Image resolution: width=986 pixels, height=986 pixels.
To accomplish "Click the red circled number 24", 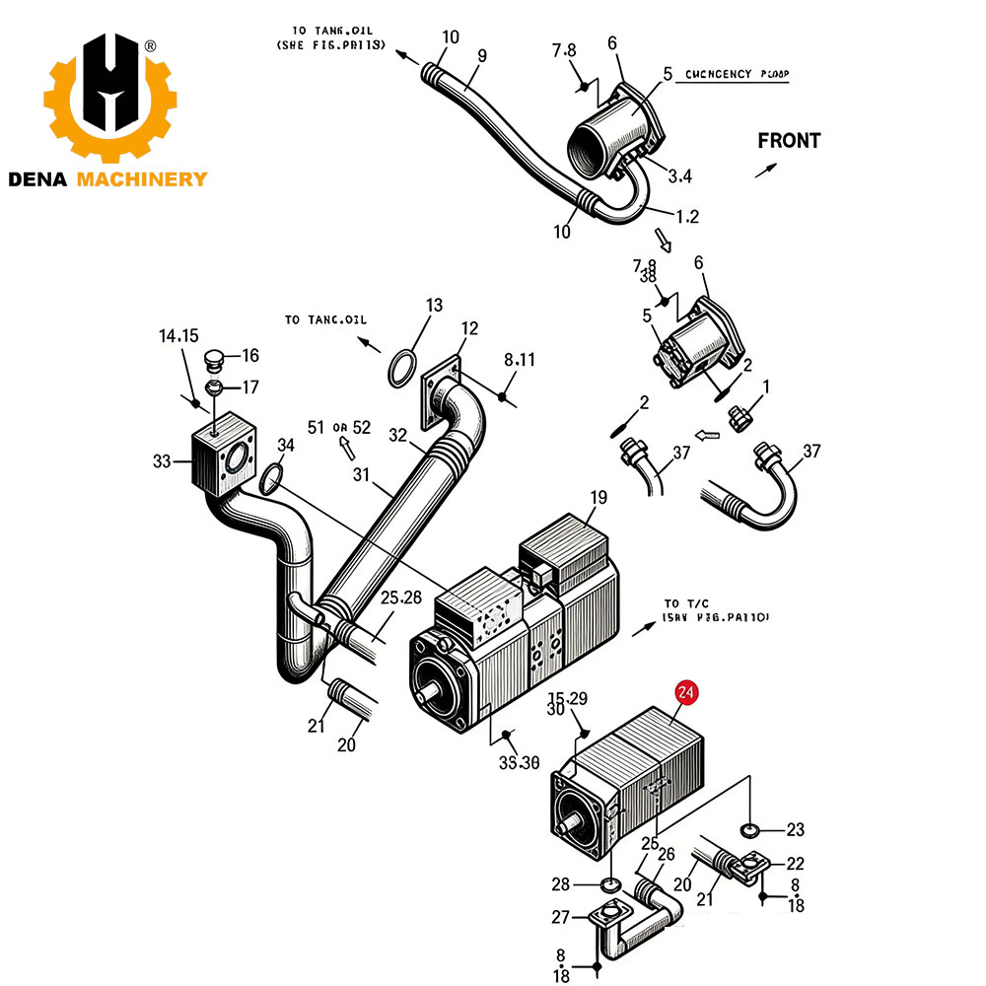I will [685, 693].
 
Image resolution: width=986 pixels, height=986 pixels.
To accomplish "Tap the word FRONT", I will [789, 141].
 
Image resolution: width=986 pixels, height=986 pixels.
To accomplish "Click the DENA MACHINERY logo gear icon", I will [109, 99].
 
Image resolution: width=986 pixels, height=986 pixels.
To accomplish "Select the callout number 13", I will [435, 306].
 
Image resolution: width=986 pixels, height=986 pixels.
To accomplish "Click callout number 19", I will [599, 498].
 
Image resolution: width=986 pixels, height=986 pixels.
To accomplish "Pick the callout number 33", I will [163, 460].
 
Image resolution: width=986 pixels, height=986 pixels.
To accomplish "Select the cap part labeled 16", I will [215, 357].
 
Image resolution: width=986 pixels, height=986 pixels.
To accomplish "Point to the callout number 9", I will [482, 56].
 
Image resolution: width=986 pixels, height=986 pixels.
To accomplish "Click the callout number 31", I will [362, 474].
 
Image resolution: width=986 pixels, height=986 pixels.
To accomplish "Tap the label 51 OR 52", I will [338, 427].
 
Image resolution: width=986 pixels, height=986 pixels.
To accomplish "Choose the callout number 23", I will [795, 829].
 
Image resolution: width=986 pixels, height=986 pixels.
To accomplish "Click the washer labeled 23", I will [749, 828].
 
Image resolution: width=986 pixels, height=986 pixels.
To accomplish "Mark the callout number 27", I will [561, 918].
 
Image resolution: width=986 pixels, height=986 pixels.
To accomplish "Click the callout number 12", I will [469, 328].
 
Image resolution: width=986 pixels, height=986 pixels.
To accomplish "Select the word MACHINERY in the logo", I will [143, 178].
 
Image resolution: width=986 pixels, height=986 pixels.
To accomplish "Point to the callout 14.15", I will [178, 336].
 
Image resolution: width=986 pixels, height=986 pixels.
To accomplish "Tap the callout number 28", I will [561, 882].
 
